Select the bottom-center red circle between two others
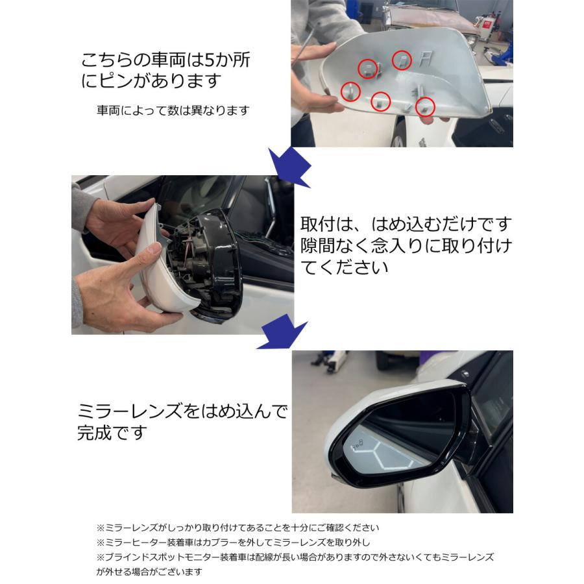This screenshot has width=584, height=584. [x=380, y=101]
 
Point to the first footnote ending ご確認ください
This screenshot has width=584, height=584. [x=237, y=527]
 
